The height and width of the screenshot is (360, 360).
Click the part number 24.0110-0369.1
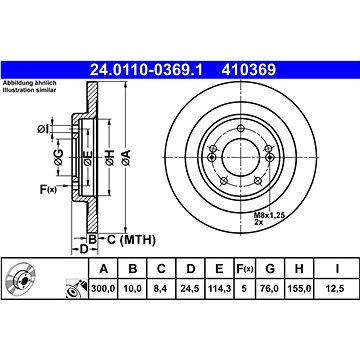click(x=146, y=70)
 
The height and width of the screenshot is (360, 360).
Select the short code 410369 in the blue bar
click(x=249, y=70)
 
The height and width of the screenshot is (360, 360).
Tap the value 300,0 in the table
click(x=103, y=288)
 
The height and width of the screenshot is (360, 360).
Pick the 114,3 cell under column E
click(x=219, y=288)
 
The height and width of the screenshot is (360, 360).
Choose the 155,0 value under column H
click(x=299, y=288)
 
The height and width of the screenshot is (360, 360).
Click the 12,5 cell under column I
click(x=337, y=288)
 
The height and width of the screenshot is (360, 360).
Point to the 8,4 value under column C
click(x=161, y=288)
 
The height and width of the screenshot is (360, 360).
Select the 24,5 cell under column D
click(x=190, y=288)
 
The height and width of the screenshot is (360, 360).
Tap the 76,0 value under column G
click(x=270, y=288)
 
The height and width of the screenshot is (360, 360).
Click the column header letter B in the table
click(x=133, y=268)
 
